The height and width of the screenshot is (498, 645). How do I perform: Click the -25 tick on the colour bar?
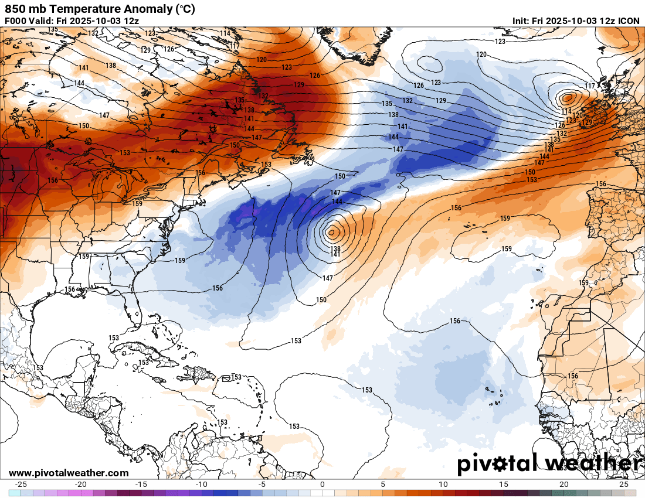point(22,485)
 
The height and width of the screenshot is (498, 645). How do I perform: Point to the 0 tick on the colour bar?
point(322,485)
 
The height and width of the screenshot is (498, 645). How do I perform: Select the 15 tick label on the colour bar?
point(503,485)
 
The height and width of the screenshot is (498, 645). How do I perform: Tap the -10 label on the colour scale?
point(202,485)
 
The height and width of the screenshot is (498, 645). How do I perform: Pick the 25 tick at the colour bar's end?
point(624,485)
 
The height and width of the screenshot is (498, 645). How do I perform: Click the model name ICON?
point(629,21)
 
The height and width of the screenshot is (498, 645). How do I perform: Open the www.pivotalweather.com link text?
point(69,473)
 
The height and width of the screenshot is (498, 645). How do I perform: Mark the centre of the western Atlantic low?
point(332,232)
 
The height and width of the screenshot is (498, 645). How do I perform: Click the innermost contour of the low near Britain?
point(568,97)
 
